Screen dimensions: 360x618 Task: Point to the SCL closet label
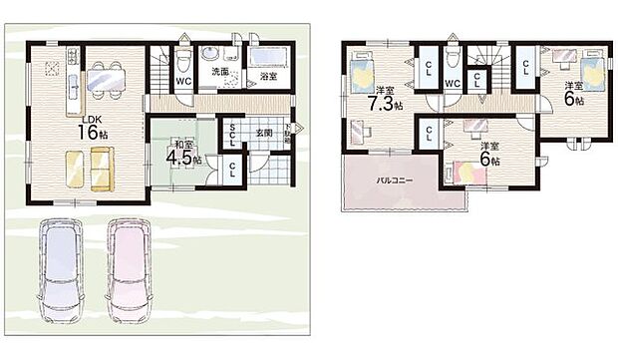(232, 132)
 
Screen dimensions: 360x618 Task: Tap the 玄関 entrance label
(264, 131)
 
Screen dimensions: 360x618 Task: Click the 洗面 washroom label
(219, 73)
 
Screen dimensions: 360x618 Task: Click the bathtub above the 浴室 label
(268, 56)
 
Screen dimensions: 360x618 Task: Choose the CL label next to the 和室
(232, 169)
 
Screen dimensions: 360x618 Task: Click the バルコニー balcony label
(389, 182)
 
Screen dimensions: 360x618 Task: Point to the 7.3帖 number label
(382, 103)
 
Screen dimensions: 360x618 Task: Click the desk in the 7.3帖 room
(360, 129)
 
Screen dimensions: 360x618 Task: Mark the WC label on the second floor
(452, 84)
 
